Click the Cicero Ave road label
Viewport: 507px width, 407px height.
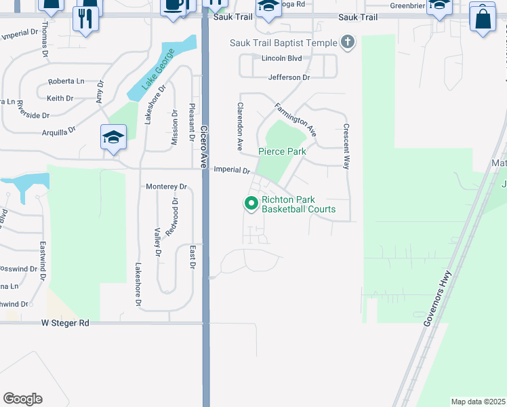pos(203,147)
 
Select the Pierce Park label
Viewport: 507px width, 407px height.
pos(282,151)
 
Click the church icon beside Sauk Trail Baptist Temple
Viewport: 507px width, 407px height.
pos(347,43)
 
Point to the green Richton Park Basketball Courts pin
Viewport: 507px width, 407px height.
pos(251,202)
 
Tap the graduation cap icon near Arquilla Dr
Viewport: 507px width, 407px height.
pos(114,137)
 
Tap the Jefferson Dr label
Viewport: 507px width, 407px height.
pos(289,77)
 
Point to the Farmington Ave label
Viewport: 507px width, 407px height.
pos(296,117)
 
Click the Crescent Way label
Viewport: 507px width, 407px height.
pos(346,146)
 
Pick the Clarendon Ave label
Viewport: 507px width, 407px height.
pos(239,126)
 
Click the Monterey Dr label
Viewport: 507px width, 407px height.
pos(166,187)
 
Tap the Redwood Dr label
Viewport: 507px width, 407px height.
pos(175,216)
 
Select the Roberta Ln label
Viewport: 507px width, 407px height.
pos(66,81)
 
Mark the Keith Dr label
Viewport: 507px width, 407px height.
pos(60,98)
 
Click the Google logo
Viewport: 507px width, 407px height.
pos(22,399)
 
